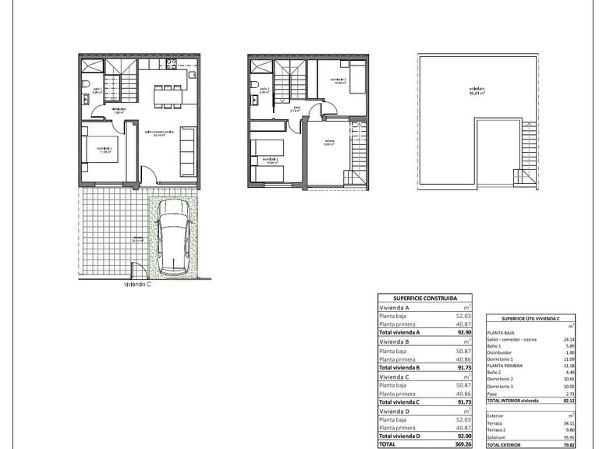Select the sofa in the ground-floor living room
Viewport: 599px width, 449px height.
click(188, 149)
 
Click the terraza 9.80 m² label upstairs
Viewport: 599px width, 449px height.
click(329, 142)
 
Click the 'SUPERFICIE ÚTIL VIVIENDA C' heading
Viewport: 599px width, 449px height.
click(530, 318)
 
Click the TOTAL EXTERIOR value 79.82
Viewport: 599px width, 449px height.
click(568, 445)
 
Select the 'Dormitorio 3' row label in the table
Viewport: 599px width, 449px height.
click(501, 386)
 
